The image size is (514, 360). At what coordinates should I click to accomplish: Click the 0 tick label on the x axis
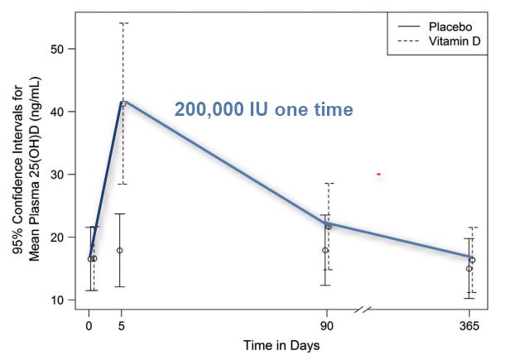pos(89,324)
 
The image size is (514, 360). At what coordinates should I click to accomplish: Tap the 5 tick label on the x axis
pos(122,324)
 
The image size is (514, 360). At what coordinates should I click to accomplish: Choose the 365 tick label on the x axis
pos(471,324)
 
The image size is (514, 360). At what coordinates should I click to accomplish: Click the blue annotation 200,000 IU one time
pos(263,109)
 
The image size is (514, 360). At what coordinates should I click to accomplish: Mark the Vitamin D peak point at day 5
pos(123,103)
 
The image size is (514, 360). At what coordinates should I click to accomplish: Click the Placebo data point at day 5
pos(120,250)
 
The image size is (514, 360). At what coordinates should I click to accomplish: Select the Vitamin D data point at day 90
pos(329,227)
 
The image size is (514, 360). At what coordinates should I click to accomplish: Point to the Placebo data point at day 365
pos(468,268)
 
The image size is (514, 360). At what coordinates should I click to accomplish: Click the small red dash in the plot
pos(378,174)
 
